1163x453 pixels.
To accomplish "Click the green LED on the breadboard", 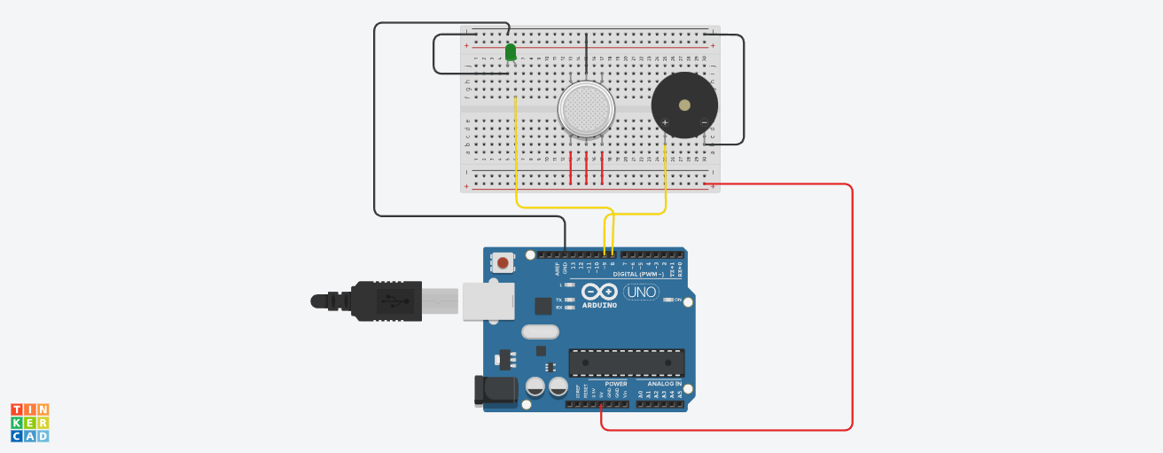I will (x=511, y=52).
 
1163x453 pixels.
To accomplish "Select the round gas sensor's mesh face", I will (x=586, y=110).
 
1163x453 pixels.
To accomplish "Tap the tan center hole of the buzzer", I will (x=684, y=105).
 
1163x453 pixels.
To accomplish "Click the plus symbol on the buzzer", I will (x=665, y=122).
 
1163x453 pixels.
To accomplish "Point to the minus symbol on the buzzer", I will (x=704, y=122).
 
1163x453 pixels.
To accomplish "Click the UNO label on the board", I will (x=641, y=292).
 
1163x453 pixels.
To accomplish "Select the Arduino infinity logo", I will (x=599, y=291).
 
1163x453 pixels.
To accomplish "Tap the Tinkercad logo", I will (x=29, y=422).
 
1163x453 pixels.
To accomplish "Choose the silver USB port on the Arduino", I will (x=488, y=301).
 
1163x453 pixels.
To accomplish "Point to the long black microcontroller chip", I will (x=626, y=362).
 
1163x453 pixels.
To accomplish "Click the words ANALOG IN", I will (x=652, y=384).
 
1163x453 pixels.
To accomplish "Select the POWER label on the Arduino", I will (x=615, y=384).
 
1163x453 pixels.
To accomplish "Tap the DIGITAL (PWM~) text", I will (x=637, y=274).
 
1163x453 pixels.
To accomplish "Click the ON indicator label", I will (x=677, y=300).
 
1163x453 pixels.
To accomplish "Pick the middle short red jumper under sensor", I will (x=586, y=167).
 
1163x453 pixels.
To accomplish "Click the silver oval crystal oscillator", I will (x=540, y=332).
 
